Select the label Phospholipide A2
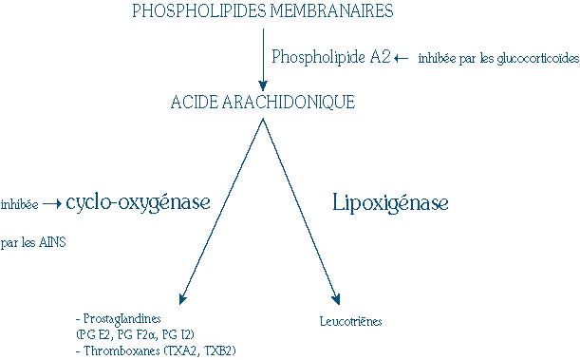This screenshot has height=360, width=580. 329,57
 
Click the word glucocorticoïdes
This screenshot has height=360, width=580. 535,59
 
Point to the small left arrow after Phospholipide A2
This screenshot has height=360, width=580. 401,58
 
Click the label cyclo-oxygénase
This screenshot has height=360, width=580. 138,202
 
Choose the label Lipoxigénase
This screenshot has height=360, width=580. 390,202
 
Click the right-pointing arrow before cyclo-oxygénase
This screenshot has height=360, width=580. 52,203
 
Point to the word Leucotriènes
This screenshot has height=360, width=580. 351,321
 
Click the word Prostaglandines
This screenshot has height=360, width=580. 123,319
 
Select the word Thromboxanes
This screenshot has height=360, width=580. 119,351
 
